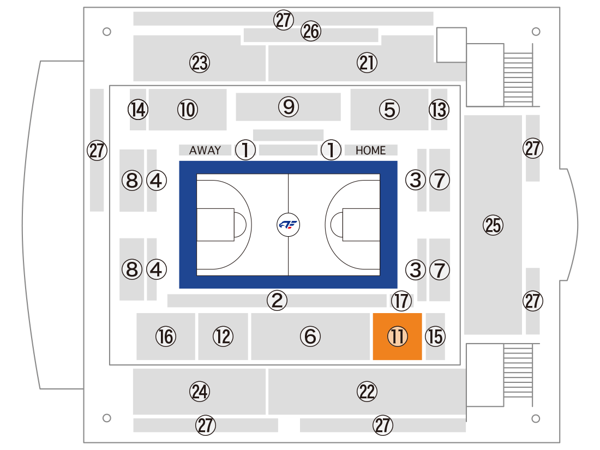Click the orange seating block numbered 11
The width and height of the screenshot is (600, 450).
397,337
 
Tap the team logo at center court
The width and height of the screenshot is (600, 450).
288,225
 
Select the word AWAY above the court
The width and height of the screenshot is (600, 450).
205,150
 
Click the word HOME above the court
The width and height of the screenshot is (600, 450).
370,151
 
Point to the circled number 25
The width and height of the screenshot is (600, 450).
493,225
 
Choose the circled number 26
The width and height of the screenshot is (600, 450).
311,31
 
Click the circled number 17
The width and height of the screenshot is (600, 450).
401,301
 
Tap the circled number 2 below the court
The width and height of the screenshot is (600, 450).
277,300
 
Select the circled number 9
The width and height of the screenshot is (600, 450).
289,107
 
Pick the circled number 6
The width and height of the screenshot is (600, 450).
310,337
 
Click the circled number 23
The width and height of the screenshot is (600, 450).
200,63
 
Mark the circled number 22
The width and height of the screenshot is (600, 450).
367,392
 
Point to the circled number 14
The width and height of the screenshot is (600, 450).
138,110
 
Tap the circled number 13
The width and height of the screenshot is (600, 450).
439,110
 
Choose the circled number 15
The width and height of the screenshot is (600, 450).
435,337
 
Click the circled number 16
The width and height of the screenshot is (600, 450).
166,337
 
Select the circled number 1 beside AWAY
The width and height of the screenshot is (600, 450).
245,149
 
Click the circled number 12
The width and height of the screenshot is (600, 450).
223,337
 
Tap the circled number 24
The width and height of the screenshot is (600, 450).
200,392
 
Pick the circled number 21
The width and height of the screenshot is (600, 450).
367,63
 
